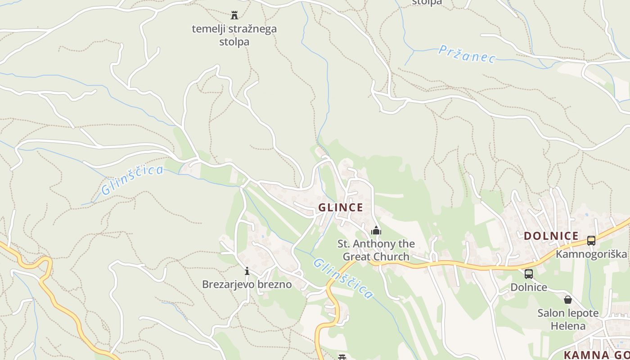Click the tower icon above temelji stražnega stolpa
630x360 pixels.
[x=234, y=15]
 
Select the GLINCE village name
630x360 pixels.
[x=341, y=207]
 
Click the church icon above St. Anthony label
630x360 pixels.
[x=376, y=231]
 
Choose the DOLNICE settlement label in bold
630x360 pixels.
[x=551, y=236]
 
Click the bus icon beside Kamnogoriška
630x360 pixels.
[x=591, y=241]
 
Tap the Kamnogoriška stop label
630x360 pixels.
[x=591, y=254]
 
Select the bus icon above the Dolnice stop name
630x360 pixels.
[x=529, y=274]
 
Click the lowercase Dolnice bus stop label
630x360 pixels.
[x=529, y=287]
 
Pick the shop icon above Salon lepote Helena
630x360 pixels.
[x=568, y=300]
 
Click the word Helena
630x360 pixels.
[x=568, y=326]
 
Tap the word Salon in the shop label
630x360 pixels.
[x=551, y=313]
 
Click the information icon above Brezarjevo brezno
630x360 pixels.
[x=247, y=271]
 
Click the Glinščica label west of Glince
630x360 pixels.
[x=132, y=180]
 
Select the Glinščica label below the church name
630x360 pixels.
[x=343, y=279]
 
